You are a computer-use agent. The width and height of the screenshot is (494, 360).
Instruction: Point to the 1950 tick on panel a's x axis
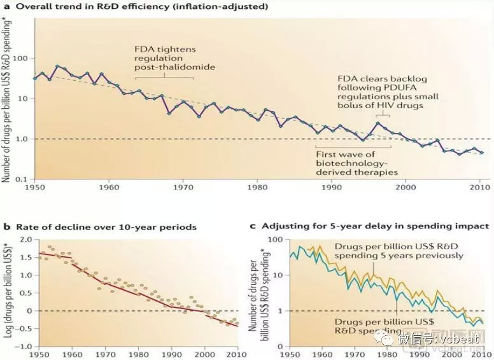point(34,188)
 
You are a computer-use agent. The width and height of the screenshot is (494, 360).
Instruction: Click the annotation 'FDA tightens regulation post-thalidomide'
point(165,59)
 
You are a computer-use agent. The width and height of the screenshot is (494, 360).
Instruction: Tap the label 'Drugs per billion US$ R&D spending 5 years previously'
point(399,251)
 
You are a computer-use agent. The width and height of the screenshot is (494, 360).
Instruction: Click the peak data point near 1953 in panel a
point(57,66)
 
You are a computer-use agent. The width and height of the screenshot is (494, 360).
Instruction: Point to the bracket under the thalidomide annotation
point(165,78)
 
